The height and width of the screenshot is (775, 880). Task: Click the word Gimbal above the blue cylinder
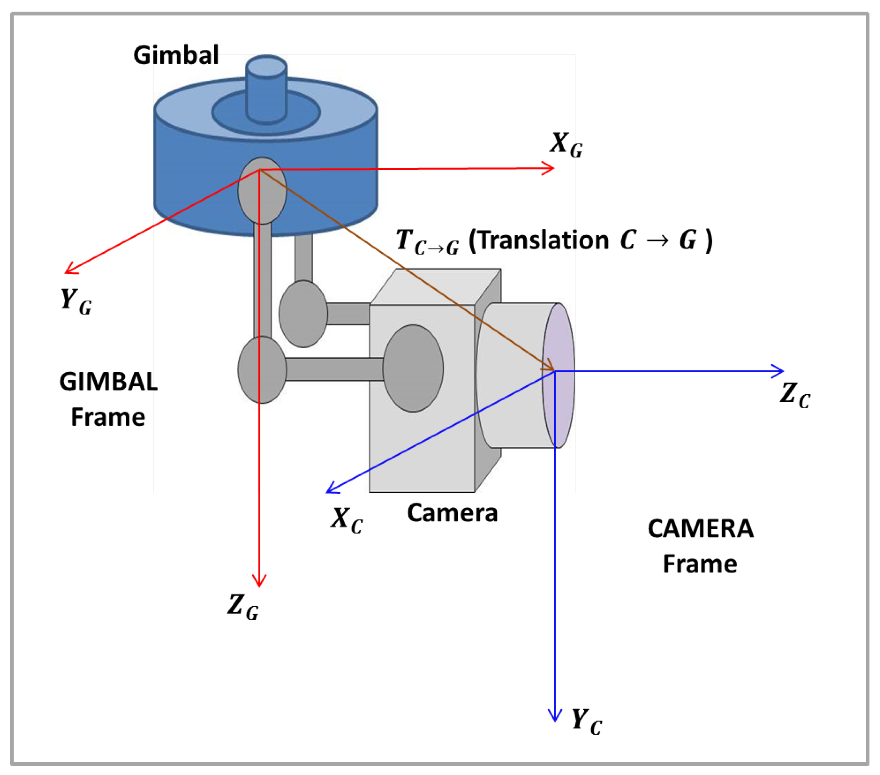pyautogui.click(x=176, y=56)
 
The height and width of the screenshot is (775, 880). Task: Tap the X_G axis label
pyautogui.click(x=565, y=145)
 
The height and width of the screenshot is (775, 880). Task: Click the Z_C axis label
pyautogui.click(x=794, y=395)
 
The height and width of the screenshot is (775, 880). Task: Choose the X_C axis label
pyautogui.click(x=346, y=520)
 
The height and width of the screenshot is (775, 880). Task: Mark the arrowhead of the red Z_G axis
pyautogui.click(x=259, y=583)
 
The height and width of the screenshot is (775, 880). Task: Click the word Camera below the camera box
pyautogui.click(x=452, y=513)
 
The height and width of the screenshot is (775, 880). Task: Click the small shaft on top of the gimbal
pyautogui.click(x=267, y=91)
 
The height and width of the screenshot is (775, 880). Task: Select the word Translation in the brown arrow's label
pyautogui.click(x=544, y=240)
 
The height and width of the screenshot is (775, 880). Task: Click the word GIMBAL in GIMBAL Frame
pyautogui.click(x=108, y=382)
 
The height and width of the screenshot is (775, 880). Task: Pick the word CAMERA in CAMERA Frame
pyautogui.click(x=700, y=529)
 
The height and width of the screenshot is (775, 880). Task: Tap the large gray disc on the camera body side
pyautogui.click(x=413, y=368)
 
